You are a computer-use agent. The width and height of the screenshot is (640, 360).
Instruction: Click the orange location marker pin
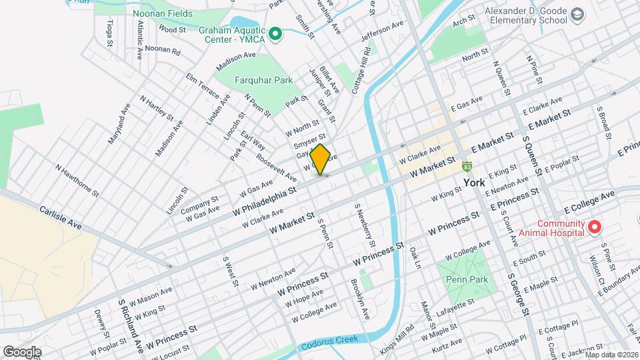tap(320, 159)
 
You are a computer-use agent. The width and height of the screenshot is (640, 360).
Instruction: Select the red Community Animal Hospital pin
tap(593, 228)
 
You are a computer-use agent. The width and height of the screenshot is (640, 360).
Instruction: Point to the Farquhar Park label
tap(263, 81)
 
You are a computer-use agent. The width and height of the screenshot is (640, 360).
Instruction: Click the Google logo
tap(22, 351)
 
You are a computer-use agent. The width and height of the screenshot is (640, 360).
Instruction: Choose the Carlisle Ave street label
tap(60, 217)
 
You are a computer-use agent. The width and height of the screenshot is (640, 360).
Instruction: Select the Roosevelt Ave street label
tap(276, 167)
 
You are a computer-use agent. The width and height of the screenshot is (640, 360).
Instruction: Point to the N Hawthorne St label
tap(77, 181)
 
